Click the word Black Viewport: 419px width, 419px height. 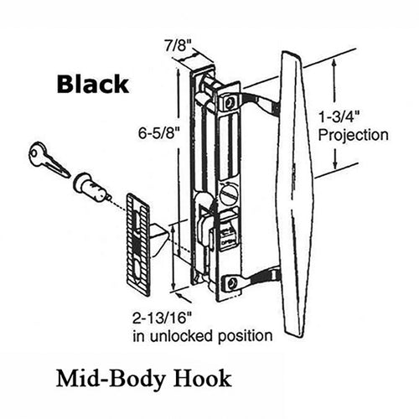[x=91, y=84]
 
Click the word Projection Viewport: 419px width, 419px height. [x=356, y=134]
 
